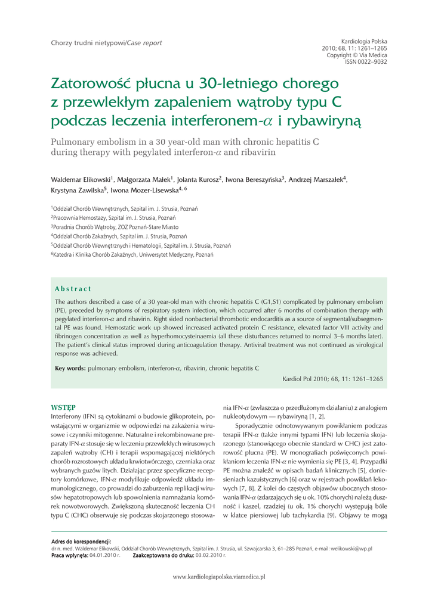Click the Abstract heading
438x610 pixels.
click(73, 289)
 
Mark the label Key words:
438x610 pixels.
click(70, 368)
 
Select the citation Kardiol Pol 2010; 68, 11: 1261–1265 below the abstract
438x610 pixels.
click(332, 379)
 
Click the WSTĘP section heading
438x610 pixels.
click(63, 407)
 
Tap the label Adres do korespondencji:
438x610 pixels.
click(81, 541)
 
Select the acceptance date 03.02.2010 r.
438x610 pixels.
click(209, 555)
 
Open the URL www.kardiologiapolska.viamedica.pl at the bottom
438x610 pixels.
click(218, 577)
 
